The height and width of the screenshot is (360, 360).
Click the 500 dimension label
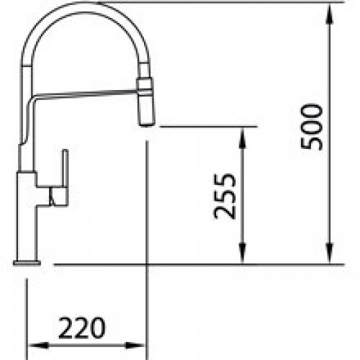click(312, 127)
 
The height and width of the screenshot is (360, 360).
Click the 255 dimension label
click(225, 196)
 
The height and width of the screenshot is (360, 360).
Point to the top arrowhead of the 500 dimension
click(330, 12)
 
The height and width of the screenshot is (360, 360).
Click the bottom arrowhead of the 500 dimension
click(330, 256)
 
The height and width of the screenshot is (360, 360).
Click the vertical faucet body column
click(27, 216)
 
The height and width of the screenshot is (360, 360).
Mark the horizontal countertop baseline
click(202, 264)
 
